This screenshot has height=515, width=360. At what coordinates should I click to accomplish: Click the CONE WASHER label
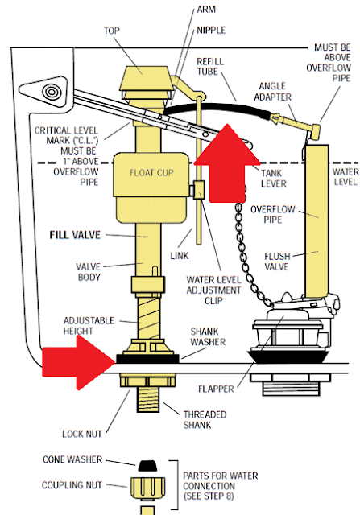(x=67, y=459)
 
